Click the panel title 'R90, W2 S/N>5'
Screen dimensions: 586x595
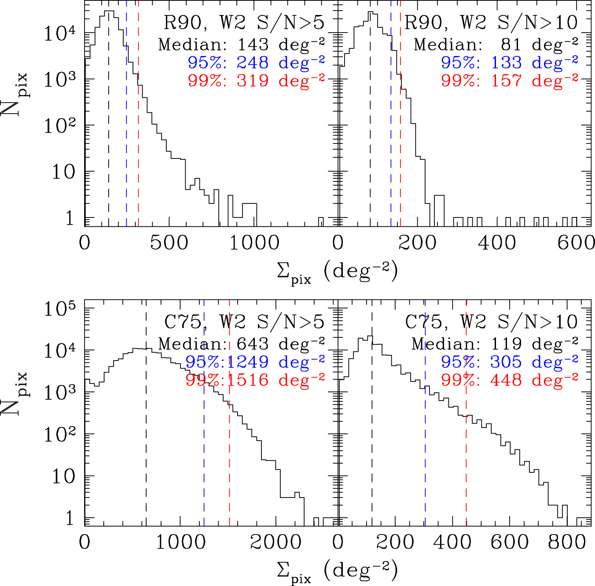coord(244,22)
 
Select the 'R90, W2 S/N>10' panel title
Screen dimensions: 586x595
coord(491,22)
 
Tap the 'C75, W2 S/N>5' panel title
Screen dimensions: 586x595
coord(244,322)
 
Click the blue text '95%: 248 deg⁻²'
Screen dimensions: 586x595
coord(256,63)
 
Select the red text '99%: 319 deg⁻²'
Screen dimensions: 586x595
coord(256,81)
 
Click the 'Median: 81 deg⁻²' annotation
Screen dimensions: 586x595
coord(496,44)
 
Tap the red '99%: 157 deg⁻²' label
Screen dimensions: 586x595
coord(510,81)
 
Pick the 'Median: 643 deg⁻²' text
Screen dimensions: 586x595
coord(241,343)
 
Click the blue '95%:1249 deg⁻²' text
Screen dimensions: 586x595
coord(255,362)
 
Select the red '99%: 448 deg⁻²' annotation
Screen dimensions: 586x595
coord(510,380)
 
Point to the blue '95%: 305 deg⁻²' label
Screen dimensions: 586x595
coord(510,362)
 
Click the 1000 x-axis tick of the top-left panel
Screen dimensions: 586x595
coord(254,243)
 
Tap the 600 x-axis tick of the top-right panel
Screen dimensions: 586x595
coord(576,243)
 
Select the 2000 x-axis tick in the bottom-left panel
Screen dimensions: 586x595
coord(275,542)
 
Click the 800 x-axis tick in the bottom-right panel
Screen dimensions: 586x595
coord(567,542)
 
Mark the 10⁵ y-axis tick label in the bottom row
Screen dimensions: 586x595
coord(60,310)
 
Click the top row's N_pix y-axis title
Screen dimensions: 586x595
coord(14,95)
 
